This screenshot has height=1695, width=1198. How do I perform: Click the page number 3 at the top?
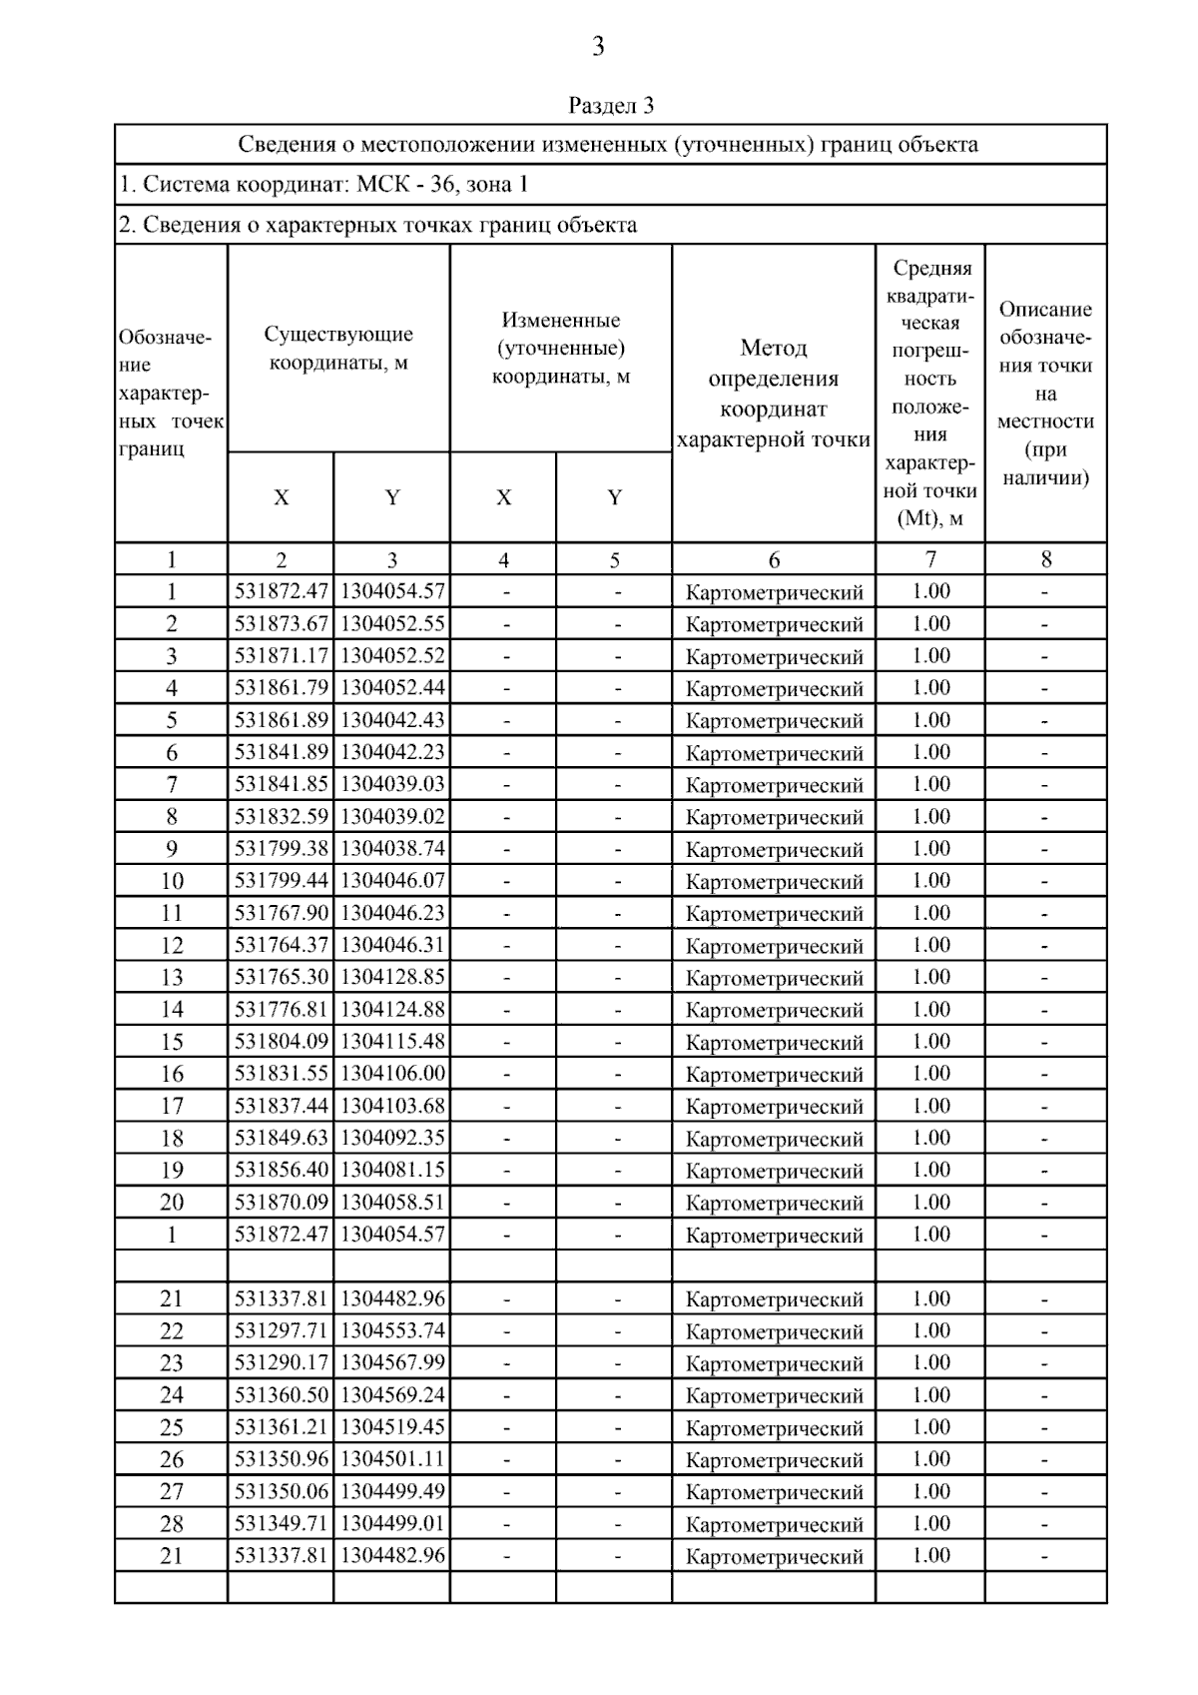pos(598,46)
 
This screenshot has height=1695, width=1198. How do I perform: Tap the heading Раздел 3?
pos(611,105)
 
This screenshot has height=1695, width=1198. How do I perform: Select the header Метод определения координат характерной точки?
pos(774,394)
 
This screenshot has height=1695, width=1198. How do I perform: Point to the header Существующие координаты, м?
pos(338,349)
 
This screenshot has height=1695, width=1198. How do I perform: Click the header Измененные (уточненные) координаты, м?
pos(560,349)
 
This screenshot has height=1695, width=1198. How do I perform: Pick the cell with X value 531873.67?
pos(281,624)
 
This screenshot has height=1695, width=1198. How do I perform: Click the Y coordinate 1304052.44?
pos(392,688)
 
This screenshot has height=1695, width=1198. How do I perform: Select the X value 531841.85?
pos(281,785)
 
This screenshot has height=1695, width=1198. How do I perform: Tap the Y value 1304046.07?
pos(392,881)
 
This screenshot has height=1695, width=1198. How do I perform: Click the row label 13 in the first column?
pos(172,978)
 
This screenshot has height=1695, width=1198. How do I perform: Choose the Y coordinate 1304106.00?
pos(392,1074)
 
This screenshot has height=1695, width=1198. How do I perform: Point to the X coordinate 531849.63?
pos(281,1138)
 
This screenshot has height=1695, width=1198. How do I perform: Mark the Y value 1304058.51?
pos(392,1203)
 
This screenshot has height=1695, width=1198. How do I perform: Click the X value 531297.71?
pos(281,1331)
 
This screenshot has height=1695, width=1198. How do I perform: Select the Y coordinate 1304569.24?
pos(392,1395)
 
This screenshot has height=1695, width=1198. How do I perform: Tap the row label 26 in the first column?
pos(172,1460)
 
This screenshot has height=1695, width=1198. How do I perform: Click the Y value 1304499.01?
pos(392,1524)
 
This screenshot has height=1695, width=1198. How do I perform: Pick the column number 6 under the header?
pos(774,560)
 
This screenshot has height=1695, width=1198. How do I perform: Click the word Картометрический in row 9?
pos(774,850)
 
